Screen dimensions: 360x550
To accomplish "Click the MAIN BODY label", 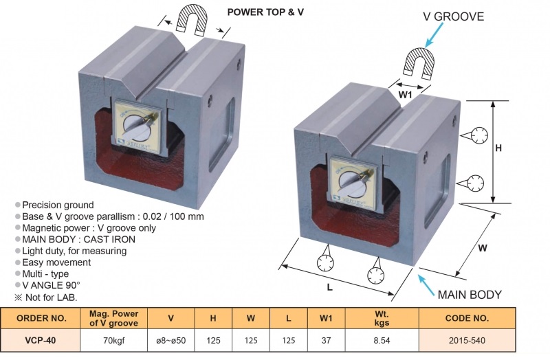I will click(470, 295).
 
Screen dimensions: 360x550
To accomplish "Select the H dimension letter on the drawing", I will click(499, 148).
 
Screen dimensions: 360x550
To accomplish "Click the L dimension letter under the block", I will click(329, 287).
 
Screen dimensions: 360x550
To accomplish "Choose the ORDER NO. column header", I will click(41, 318).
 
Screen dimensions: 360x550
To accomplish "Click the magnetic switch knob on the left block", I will click(137, 128).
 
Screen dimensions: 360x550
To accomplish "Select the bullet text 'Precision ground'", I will click(58, 205).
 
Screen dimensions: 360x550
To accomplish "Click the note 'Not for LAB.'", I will click(49, 297).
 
